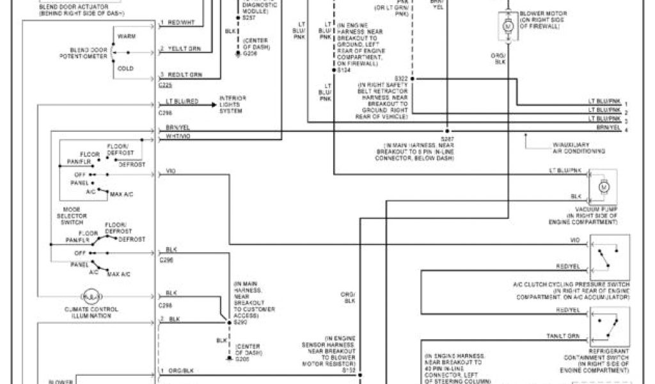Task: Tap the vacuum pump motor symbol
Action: pyautogui.click(x=602, y=186)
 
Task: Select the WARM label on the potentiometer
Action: pyautogui.click(x=127, y=36)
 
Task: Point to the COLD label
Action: pyautogui.click(x=125, y=68)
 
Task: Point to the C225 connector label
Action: pyautogui.click(x=164, y=84)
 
